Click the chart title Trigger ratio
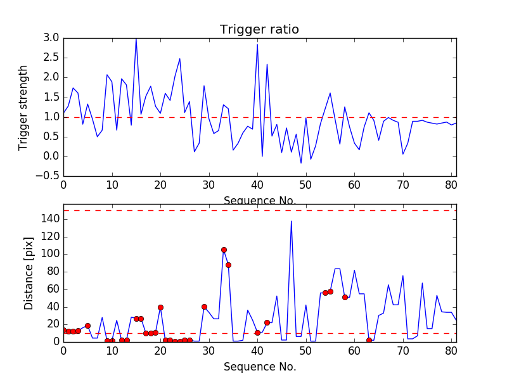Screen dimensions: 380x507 click(259, 29)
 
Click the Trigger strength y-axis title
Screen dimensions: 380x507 click(23, 107)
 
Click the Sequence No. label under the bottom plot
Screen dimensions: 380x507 click(259, 367)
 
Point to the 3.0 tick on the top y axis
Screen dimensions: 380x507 click(52, 38)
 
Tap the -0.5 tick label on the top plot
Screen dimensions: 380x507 click(49, 176)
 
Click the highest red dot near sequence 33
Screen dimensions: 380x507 click(224, 250)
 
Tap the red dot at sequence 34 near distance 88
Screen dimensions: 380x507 click(228, 265)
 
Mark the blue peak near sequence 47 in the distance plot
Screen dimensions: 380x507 click(292, 221)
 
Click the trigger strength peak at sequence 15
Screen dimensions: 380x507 click(136, 39)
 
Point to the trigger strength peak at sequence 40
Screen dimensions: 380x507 click(257, 44)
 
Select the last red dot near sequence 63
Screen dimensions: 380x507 click(369, 340)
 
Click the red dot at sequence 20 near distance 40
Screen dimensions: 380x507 click(160, 307)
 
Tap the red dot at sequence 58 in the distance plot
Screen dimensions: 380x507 click(345, 297)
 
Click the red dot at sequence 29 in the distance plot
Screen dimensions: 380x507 click(204, 307)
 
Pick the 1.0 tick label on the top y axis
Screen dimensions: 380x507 click(52, 117)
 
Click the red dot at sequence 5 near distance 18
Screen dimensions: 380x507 click(87, 326)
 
